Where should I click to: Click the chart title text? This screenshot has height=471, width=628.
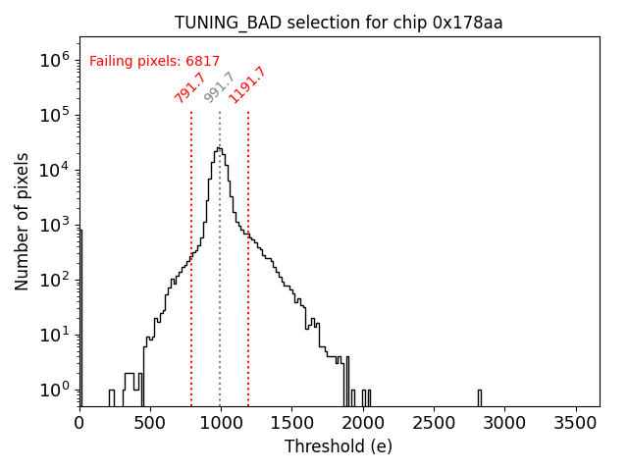coord(339,23)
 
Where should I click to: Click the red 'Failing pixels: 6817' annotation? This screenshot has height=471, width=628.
coord(155,61)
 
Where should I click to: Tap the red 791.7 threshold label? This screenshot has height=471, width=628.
coord(189,87)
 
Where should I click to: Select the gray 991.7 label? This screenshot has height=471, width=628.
coord(219,87)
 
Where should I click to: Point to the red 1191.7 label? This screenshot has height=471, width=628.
coord(247,84)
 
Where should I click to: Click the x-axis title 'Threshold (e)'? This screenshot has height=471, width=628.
coord(339,446)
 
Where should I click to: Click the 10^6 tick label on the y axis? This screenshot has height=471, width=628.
coord(53,59)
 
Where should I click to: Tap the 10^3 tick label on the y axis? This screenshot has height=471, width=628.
coord(53,225)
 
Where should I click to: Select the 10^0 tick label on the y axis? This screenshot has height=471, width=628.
coord(53,391)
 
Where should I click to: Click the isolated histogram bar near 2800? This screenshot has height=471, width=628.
coord(479,396)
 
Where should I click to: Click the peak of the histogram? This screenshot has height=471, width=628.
coord(220,148)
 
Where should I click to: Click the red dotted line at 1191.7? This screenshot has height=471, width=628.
coord(248,294)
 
